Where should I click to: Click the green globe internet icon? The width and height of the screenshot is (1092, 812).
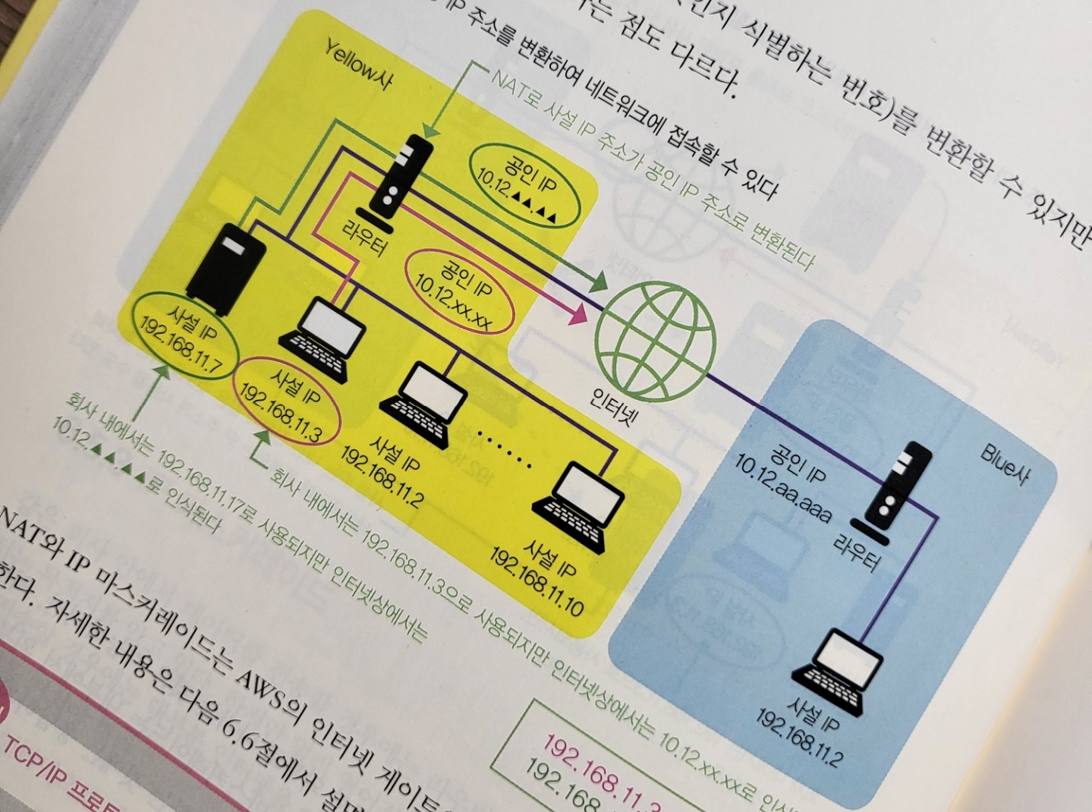pyautogui.click(x=653, y=339)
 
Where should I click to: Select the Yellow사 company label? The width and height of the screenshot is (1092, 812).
pyautogui.click(x=358, y=65)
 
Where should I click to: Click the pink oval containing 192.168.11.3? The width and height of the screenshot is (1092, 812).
pyautogui.click(x=288, y=401)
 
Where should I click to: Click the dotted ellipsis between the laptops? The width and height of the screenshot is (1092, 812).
pyautogui.click(x=508, y=447)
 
